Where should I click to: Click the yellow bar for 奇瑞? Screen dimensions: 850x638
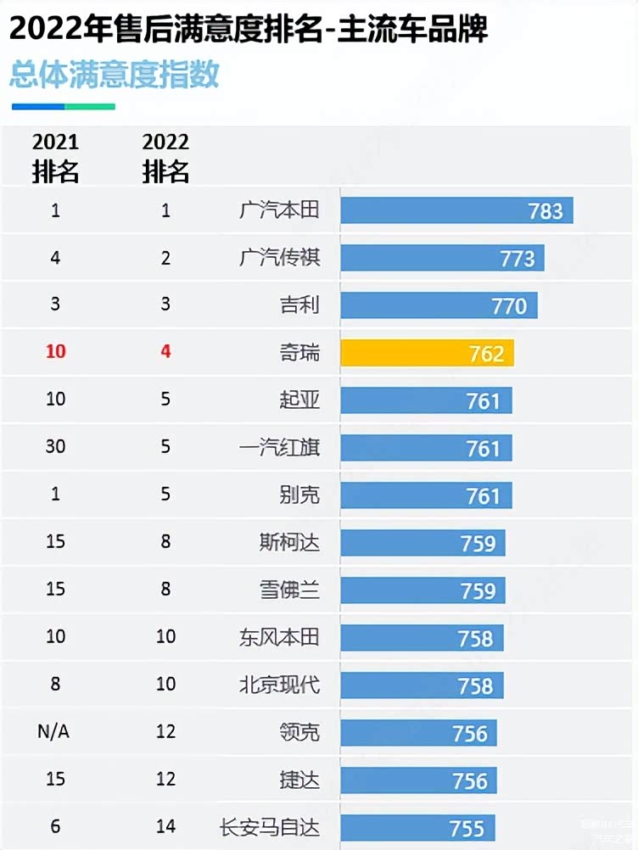(x=427, y=353)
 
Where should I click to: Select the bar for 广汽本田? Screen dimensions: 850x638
(x=456, y=210)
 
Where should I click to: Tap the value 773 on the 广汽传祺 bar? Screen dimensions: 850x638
(x=518, y=258)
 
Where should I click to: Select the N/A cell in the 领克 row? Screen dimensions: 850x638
(x=55, y=732)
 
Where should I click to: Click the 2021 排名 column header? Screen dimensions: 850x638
(x=55, y=157)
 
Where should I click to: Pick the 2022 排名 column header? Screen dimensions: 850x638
(x=165, y=157)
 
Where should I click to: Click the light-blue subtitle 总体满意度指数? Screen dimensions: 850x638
(x=115, y=74)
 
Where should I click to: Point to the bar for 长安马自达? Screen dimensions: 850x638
(x=417, y=828)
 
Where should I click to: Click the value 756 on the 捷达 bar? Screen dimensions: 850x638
(x=470, y=780)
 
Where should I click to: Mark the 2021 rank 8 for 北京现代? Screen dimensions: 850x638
(x=55, y=684)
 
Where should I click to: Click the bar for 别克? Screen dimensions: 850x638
(x=426, y=495)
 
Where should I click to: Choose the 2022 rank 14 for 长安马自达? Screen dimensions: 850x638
(x=165, y=827)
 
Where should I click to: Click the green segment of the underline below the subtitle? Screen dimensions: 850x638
(x=90, y=107)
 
